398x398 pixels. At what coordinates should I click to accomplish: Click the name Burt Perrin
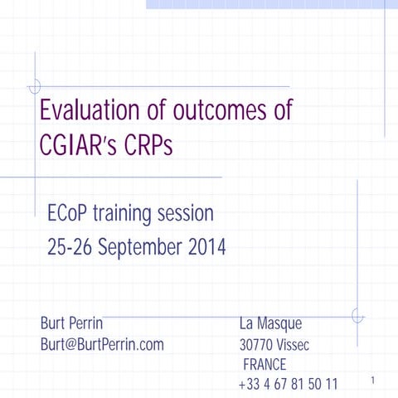(71, 323)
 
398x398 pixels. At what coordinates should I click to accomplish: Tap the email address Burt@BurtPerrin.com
(102, 343)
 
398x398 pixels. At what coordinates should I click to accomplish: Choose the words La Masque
(270, 323)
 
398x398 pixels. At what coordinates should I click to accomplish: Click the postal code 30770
(256, 345)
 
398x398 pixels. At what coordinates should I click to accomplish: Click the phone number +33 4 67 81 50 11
(288, 384)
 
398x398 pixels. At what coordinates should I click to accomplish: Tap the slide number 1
(374, 381)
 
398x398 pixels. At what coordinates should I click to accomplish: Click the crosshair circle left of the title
(35, 86)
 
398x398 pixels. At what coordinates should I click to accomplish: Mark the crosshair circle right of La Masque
(357, 316)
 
